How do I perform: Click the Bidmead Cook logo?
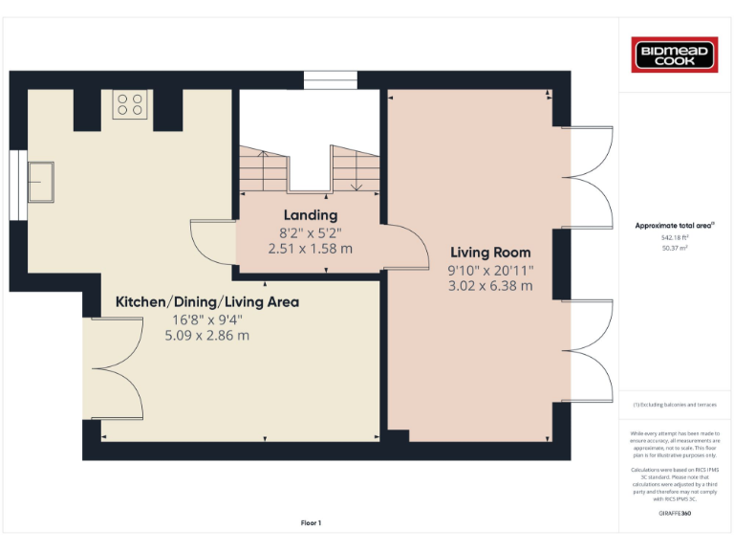[x=675, y=55]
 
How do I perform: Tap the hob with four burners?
[x=130, y=103]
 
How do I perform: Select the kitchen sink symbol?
[x=42, y=182]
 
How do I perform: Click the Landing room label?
[x=310, y=215]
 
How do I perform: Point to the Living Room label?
[x=490, y=253]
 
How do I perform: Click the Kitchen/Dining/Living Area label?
[x=207, y=302]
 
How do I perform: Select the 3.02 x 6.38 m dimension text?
[x=490, y=285]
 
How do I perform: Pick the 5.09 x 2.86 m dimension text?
[x=207, y=335]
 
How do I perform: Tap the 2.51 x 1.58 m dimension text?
[x=310, y=248]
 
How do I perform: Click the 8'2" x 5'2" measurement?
[x=310, y=231]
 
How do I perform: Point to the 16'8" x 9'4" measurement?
[x=207, y=319]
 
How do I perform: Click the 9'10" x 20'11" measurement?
[x=490, y=269]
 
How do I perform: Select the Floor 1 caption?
[x=312, y=523]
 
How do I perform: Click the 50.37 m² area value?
[x=675, y=247]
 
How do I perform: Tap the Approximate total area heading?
[x=675, y=226]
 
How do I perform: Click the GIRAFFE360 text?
[x=675, y=514]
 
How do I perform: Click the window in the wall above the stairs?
[x=330, y=80]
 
